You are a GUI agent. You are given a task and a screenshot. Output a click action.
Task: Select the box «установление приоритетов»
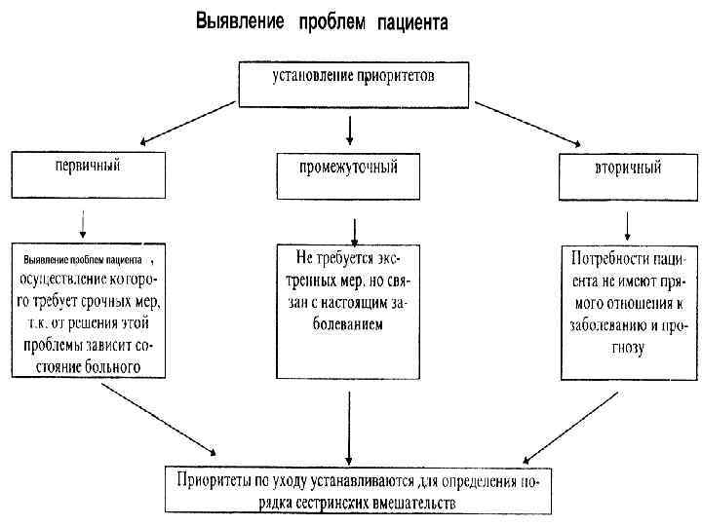(x=352, y=81)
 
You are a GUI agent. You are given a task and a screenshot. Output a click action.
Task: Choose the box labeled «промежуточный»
(x=349, y=174)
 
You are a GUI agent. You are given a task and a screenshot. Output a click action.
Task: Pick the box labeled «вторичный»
(x=626, y=176)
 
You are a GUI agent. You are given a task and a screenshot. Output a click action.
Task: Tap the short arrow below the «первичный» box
(x=83, y=223)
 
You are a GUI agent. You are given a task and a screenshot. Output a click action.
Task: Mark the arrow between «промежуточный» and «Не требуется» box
(x=353, y=229)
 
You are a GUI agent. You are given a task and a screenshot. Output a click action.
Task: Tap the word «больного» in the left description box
(x=108, y=366)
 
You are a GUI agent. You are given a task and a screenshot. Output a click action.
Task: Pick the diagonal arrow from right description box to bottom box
(x=569, y=425)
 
